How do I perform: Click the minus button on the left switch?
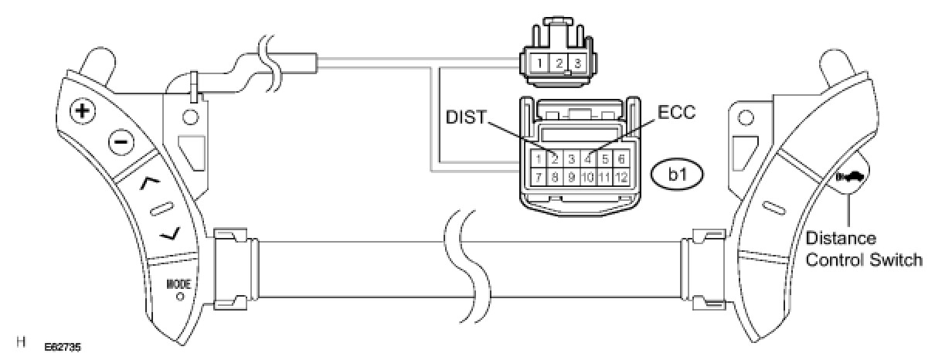click(121, 142)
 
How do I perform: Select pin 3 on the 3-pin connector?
click(576, 62)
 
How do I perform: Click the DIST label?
click(467, 117)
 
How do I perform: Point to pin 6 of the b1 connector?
click(621, 159)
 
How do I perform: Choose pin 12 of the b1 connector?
click(621, 177)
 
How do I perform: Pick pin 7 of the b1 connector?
click(537, 177)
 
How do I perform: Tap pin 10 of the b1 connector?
click(587, 177)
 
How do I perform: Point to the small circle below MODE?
click(179, 296)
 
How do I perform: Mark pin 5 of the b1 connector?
click(604, 159)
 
